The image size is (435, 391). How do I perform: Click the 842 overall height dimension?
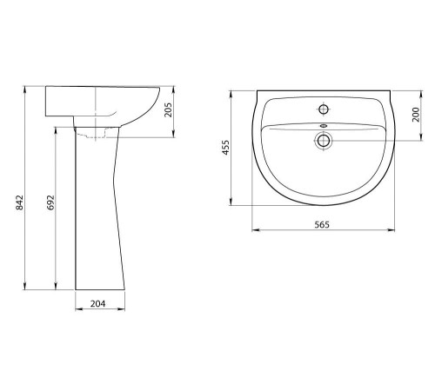coord(19,202)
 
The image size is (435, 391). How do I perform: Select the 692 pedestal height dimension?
coord(50,202)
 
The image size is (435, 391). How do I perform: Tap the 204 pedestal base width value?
coord(97,304)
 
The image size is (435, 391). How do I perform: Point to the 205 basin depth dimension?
coord(168,109)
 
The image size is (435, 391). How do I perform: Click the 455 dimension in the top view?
coord(226,148)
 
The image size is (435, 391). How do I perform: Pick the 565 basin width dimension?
coord(322,224)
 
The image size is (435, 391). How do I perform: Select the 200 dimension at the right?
coord(416,115)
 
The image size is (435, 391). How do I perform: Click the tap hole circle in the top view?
coord(323,109)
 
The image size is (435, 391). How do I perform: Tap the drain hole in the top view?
coord(323,141)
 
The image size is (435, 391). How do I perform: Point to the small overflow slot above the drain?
coord(323,126)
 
